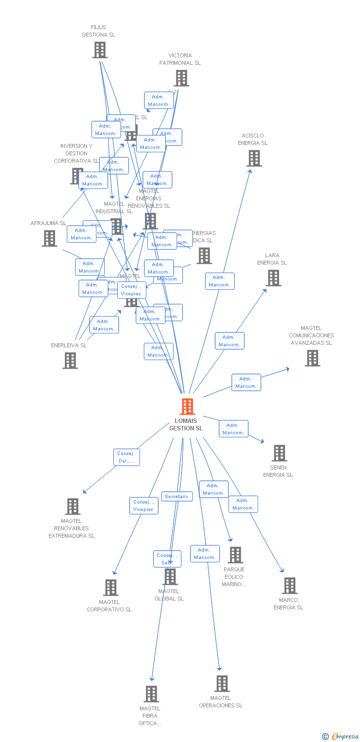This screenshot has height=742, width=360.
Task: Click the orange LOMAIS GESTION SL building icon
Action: point(187,407)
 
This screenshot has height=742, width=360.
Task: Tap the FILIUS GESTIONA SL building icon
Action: point(100,49)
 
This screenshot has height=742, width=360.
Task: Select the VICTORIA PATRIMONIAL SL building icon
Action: point(181,78)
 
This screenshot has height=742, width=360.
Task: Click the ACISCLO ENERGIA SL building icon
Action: point(254,158)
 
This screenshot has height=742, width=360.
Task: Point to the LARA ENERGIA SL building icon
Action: point(273,278)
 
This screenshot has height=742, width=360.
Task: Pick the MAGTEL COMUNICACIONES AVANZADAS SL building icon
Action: point(312,358)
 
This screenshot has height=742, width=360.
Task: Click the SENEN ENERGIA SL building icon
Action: point(279,453)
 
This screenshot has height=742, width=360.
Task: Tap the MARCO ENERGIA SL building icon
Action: point(289,586)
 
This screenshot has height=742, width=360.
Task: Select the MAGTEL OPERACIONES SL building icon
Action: point(222,684)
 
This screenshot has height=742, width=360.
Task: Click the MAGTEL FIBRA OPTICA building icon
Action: point(151,694)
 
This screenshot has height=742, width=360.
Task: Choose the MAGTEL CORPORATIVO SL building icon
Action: point(110,588)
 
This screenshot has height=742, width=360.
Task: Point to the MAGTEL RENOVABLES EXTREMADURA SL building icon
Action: point(73,507)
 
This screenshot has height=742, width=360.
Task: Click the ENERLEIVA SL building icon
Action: point(70,361)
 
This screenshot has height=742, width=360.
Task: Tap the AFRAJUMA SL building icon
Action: point(49,238)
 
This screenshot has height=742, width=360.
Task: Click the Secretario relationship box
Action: point(177,496)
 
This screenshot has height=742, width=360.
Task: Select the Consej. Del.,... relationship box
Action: point(126,457)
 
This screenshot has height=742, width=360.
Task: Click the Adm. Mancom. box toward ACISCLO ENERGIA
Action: point(220,281)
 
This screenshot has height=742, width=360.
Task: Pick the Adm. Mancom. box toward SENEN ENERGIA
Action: point(233,429)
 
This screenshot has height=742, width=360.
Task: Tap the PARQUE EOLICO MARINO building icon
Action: point(235,555)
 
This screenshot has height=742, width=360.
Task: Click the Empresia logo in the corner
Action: point(341,736)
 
